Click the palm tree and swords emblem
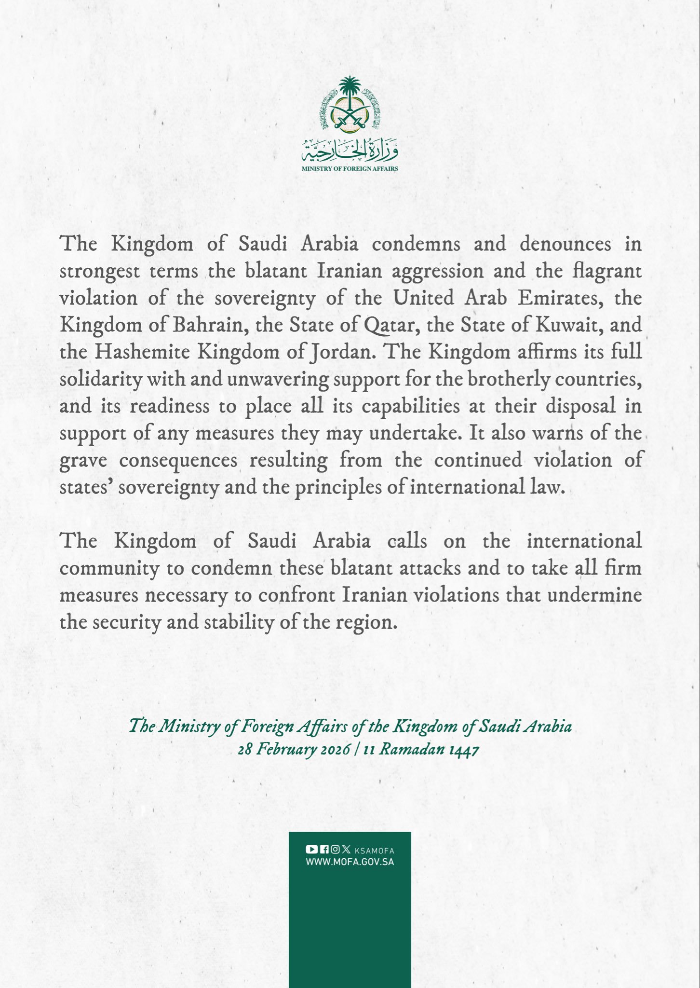(350, 106)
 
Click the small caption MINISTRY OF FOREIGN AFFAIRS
(350, 169)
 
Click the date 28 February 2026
(293, 750)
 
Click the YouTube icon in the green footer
(311, 850)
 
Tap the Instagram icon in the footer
(335, 850)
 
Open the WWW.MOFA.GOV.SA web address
(350, 862)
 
